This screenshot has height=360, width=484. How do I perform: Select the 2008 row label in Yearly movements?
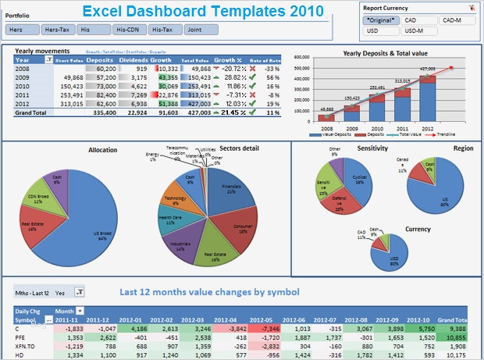coord(23,69)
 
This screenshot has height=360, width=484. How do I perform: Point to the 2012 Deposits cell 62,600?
coord(102,103)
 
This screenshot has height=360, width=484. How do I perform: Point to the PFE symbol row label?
coord(22,337)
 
